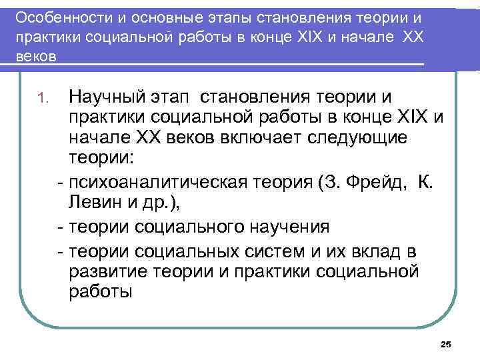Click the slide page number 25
[446, 344]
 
